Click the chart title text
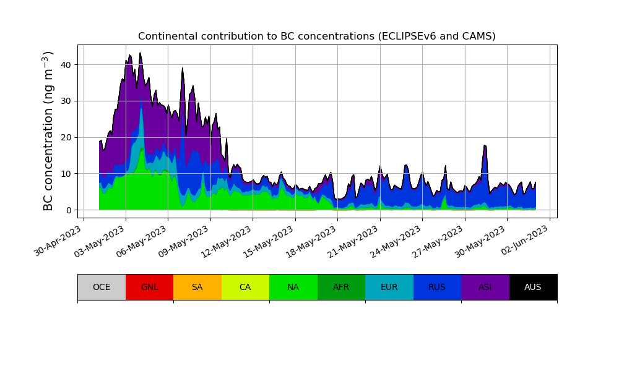point(316,36)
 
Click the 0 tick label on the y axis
point(69,210)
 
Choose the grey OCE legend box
point(102,287)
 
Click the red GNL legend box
point(149,287)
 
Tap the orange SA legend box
point(197,287)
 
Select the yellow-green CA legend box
point(245,287)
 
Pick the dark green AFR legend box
point(341,287)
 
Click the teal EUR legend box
point(389,287)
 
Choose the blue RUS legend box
point(437,287)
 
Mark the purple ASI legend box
point(485,287)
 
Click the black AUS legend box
point(533,287)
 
